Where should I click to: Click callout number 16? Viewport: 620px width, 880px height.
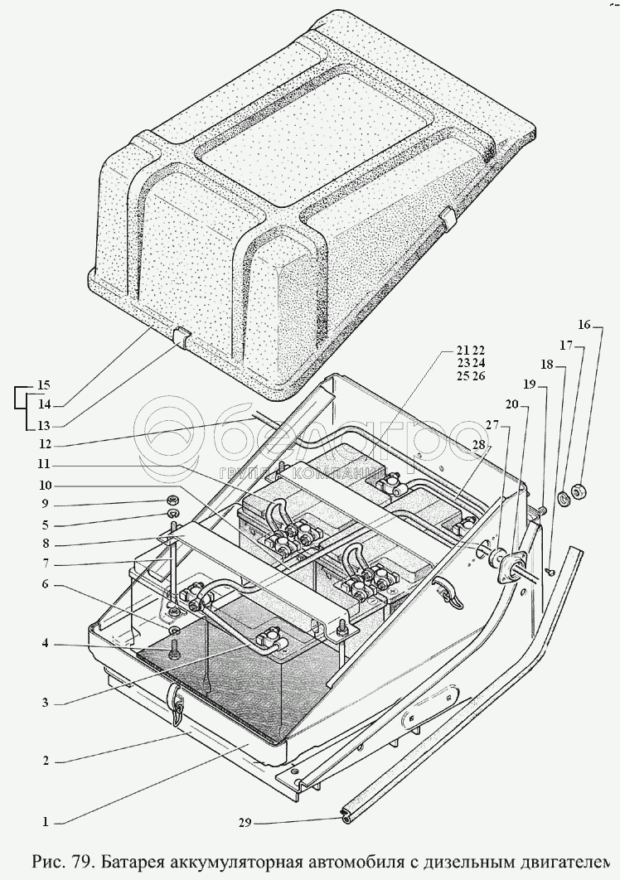(584, 325)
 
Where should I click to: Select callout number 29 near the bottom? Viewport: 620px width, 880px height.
(245, 823)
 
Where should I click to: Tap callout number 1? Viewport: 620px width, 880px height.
(47, 823)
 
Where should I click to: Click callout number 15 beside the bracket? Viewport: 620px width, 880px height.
(43, 384)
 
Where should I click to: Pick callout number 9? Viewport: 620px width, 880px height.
(47, 504)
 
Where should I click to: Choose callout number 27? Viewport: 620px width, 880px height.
(492, 424)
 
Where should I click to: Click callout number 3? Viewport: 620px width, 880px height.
(47, 703)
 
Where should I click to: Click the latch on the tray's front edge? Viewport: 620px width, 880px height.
(177, 701)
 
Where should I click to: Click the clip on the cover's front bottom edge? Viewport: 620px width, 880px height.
(182, 336)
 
